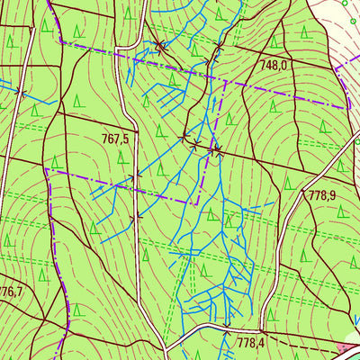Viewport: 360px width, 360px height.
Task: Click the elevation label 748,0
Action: (x=274, y=65)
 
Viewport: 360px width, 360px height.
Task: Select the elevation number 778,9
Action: (x=321, y=195)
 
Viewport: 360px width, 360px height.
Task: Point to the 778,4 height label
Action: (x=251, y=343)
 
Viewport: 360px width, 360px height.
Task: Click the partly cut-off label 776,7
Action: (x=10, y=292)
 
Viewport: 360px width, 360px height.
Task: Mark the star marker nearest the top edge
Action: (x=160, y=45)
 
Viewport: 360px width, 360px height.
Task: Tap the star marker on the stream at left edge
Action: (x=18, y=90)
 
